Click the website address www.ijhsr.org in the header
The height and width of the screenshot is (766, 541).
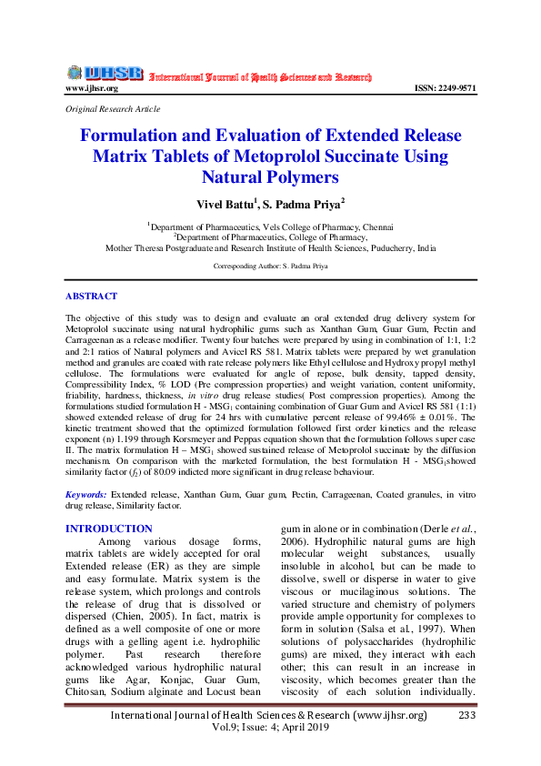pyautogui.click(x=92, y=88)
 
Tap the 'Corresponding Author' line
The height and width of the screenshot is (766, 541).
pyautogui.click(x=271, y=267)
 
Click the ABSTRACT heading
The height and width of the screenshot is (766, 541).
pyautogui.click(x=91, y=297)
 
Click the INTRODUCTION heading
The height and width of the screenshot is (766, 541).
pyautogui.click(x=109, y=529)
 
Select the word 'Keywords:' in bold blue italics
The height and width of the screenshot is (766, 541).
pyautogui.click(x=86, y=494)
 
